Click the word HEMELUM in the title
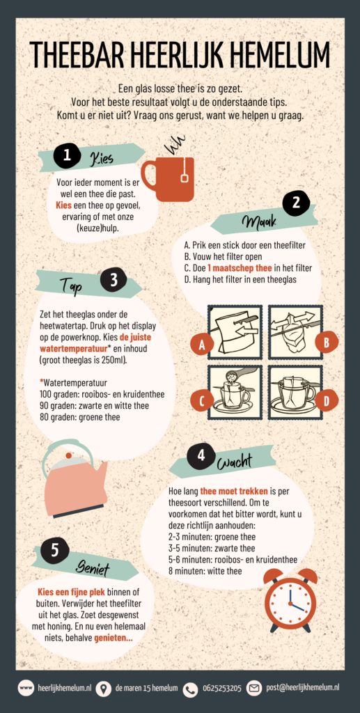pyautogui.click(x=281, y=55)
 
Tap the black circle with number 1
pyautogui.click(x=66, y=155)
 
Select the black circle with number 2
pyautogui.click(x=296, y=203)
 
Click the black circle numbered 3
pyautogui.click(x=114, y=280)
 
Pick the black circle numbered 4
pyautogui.click(x=201, y=456)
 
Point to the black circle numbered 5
pyautogui.click(x=54, y=551)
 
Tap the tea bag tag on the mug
pyautogui.click(x=185, y=178)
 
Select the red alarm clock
pyautogui.click(x=290, y=600)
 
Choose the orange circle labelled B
pyautogui.click(x=327, y=342)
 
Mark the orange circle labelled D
pyautogui.click(x=327, y=401)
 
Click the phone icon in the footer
pyautogui.click(x=190, y=689)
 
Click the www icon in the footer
pyautogui.click(x=26, y=688)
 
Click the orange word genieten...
pyautogui.click(x=114, y=638)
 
